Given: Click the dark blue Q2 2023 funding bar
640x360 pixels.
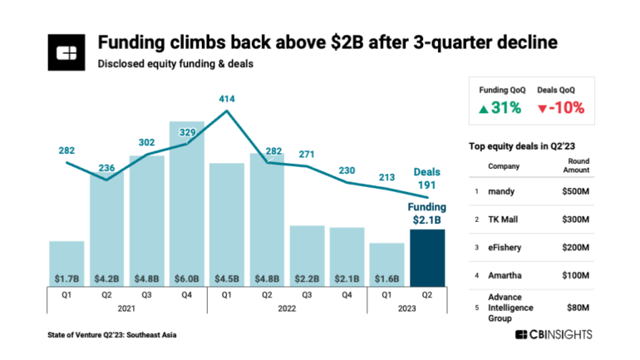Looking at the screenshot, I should click(427, 258).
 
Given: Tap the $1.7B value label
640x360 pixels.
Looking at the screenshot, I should click(66, 278).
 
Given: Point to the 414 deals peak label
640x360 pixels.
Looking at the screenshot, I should click(227, 99).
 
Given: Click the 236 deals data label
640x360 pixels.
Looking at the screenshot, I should click(106, 166).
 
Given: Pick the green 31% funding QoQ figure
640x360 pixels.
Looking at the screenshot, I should click(500, 107).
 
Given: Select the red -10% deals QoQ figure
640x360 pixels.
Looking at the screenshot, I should click(561, 107).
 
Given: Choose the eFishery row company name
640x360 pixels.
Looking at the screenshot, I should click(504, 247).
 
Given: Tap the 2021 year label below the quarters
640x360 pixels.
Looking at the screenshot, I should click(126, 308).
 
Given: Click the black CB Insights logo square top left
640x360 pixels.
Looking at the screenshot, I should click(66, 52).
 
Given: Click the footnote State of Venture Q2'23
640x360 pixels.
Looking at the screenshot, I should click(112, 334).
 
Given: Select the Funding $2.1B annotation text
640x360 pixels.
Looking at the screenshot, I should click(426, 213).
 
